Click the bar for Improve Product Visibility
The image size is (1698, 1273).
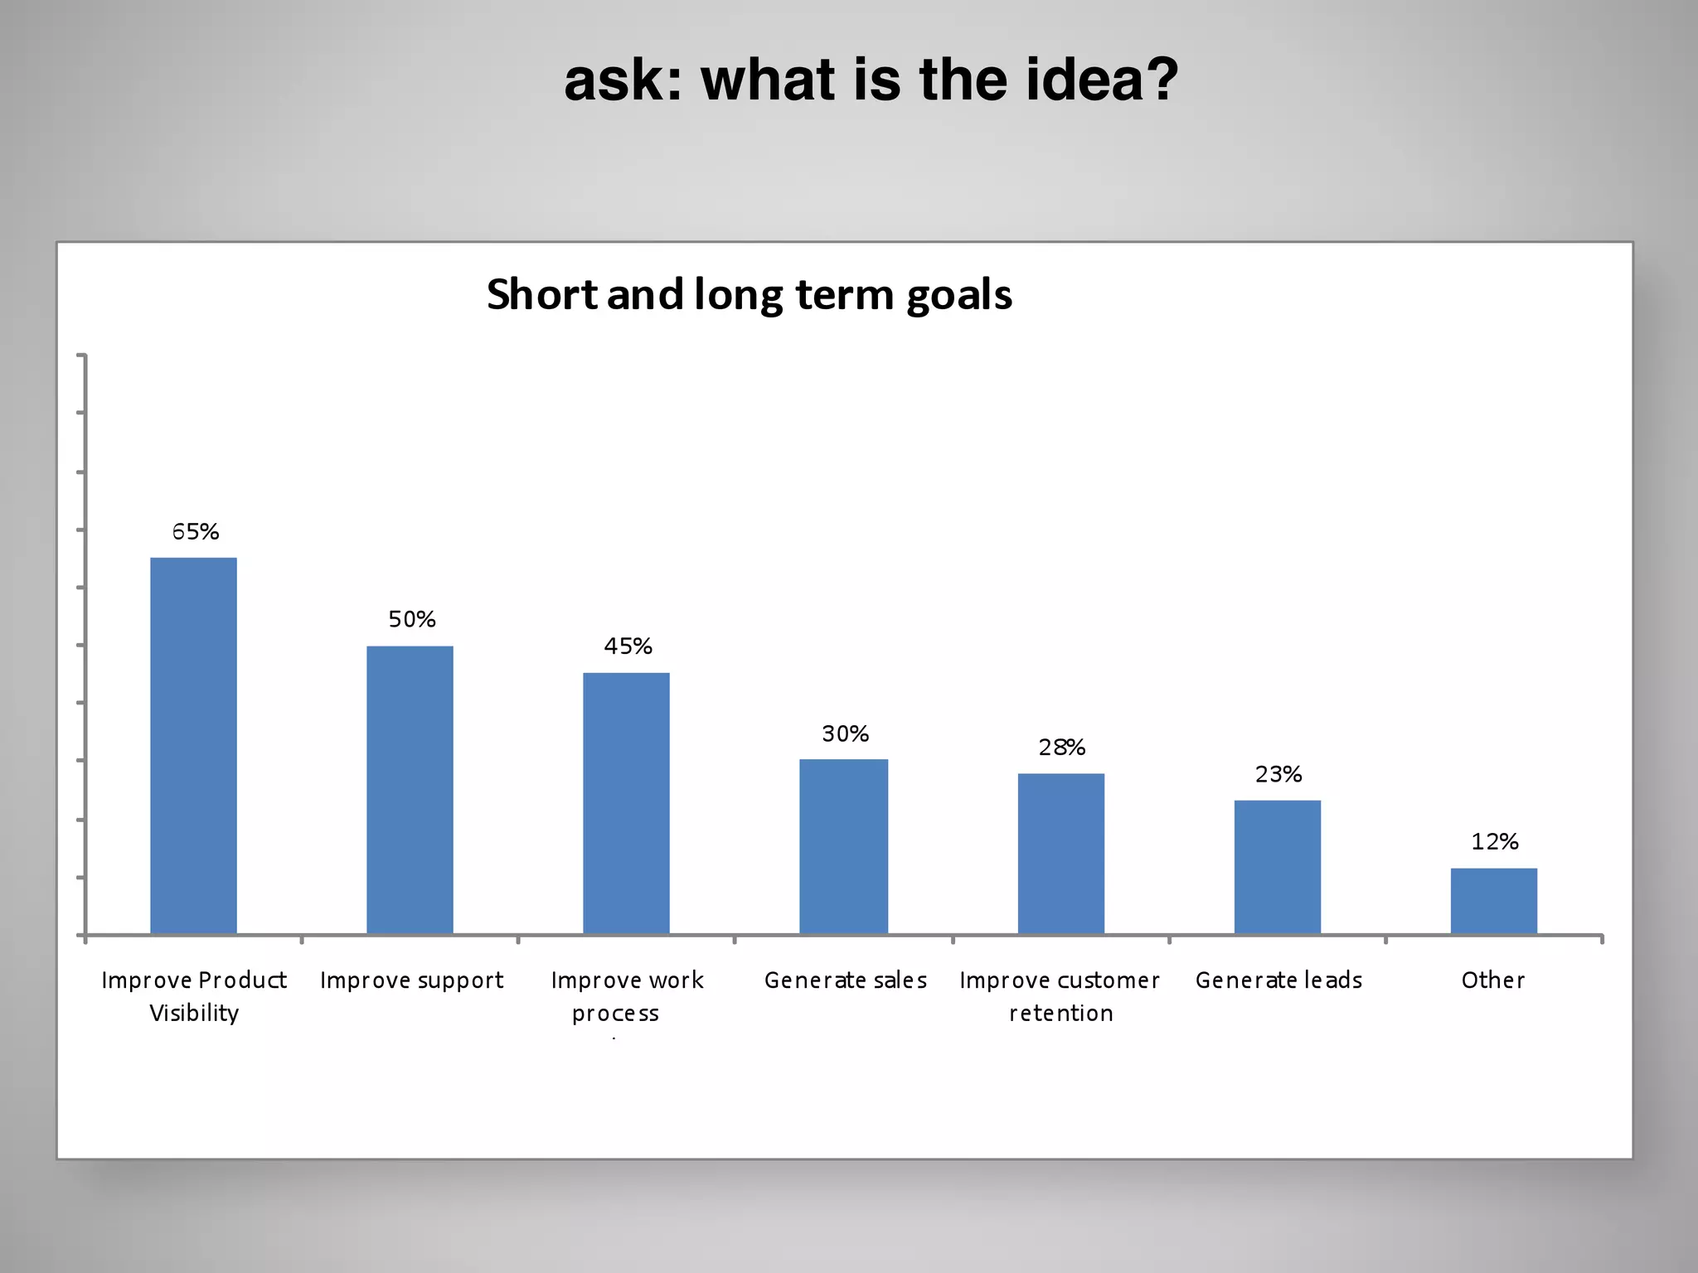pos(193,746)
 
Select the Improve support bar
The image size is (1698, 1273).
pos(410,790)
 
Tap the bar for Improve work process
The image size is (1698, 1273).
pos(626,803)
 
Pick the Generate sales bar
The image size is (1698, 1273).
pos(843,846)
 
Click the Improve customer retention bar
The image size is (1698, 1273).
pos(1060,854)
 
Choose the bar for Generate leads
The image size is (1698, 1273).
pos(1277,867)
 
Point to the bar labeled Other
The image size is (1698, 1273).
pos(1493,901)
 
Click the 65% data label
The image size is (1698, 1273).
pos(196,532)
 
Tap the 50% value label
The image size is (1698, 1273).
pos(412,620)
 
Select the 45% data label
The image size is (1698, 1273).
pos(628,646)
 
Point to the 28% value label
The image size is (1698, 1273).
pos(1062,748)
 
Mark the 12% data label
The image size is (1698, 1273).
pos(1495,842)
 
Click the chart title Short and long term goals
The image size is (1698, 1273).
pos(750,295)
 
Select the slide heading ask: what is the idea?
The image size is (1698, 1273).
pos(871,80)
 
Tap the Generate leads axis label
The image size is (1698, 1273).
pos(1278,980)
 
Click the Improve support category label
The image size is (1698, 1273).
pos(411,980)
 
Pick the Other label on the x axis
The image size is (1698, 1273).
pos(1492,980)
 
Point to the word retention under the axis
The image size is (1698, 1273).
pos(1060,1014)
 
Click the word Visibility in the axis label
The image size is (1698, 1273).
pos(194,1014)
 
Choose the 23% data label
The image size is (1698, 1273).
pos(1278,775)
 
